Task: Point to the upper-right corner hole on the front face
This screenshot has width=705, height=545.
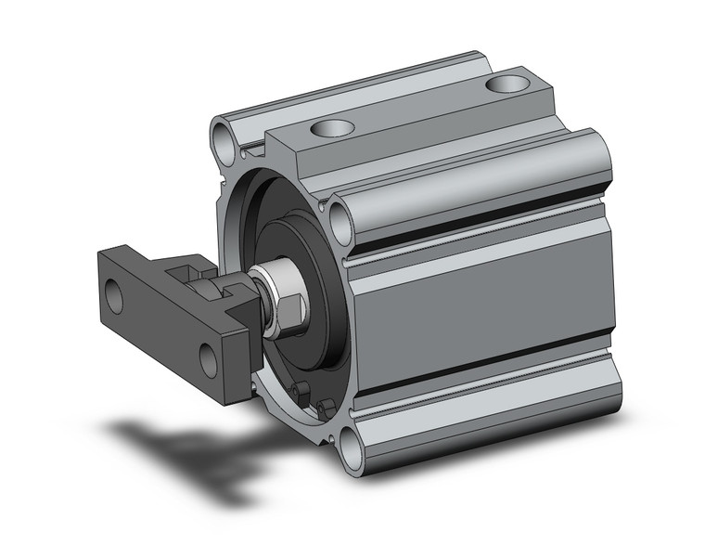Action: coord(340,223)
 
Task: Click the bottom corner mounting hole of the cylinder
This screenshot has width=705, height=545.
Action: coord(350,451)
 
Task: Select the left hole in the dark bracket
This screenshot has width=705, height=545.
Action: coord(114,298)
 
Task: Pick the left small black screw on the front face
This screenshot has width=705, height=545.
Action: coord(299,393)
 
